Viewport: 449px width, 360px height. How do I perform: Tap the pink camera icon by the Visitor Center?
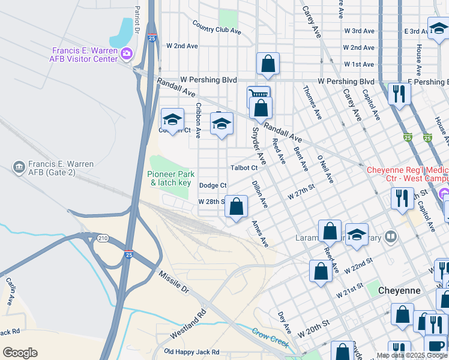coord(126,54)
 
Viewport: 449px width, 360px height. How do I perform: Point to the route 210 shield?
coord(102,239)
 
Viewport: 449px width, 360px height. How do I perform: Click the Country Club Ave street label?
coord(217,27)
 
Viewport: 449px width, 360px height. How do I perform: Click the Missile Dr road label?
coord(174,282)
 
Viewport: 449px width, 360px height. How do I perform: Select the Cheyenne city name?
coord(399,290)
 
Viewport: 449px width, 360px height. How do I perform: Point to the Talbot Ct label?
coord(244,168)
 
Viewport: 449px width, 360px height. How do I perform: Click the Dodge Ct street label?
coord(212,186)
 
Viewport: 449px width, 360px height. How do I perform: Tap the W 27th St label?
coord(301,192)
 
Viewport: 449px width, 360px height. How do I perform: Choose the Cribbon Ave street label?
coord(198,120)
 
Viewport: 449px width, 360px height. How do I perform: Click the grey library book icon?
coord(391,238)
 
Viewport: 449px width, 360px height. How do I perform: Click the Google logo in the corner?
coord(20,353)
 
